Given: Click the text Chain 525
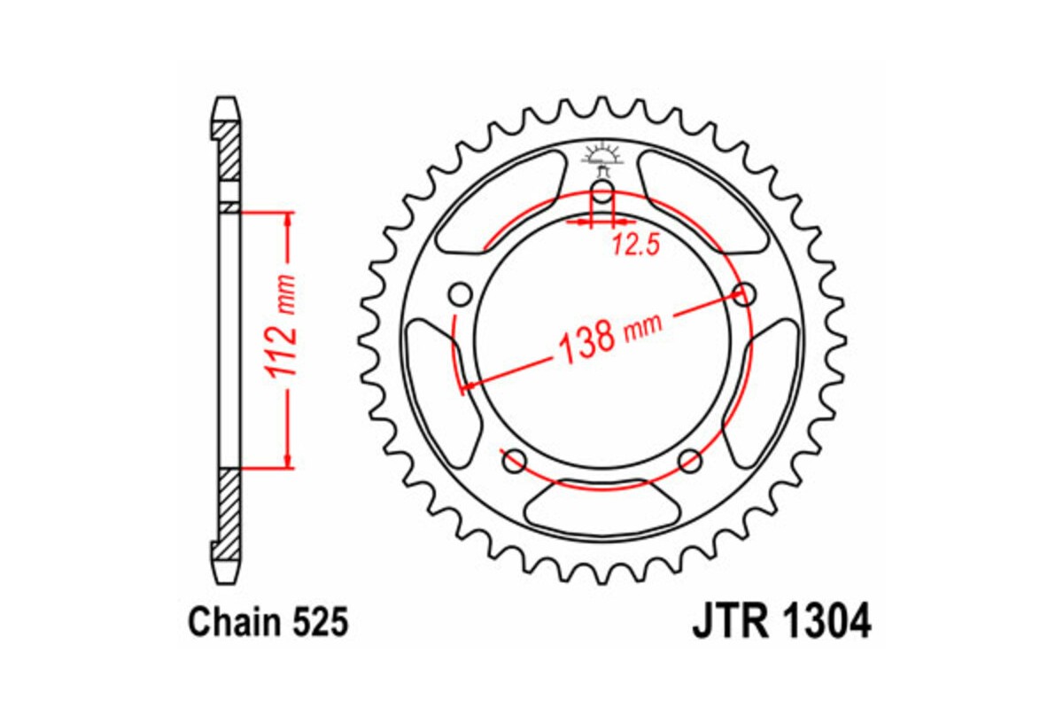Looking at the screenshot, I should [268, 623].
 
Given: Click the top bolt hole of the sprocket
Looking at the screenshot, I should [601, 193].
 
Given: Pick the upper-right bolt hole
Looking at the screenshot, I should [746, 293].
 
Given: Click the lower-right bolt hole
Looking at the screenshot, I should [690, 460].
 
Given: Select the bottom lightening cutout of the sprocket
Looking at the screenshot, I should [601, 508].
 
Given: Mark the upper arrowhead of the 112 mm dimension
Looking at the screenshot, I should [286, 221].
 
